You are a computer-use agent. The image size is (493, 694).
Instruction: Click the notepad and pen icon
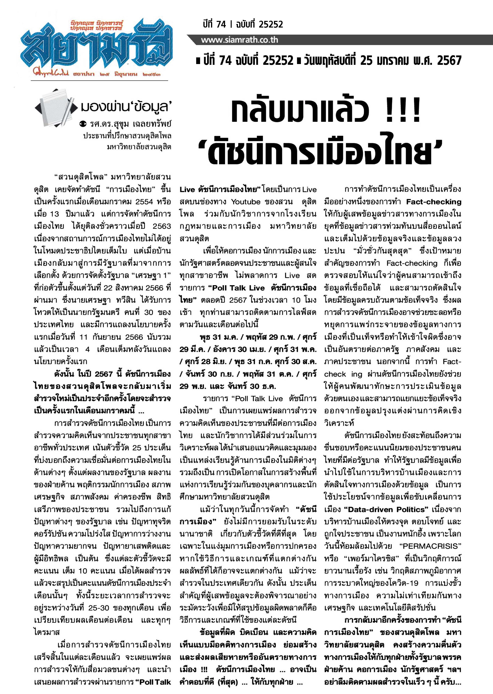click(56, 107)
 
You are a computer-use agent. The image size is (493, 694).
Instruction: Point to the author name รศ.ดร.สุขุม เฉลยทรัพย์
click(130, 124)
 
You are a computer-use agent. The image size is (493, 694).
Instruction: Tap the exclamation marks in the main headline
click(403, 111)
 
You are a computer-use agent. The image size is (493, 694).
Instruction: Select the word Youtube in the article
click(246, 202)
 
